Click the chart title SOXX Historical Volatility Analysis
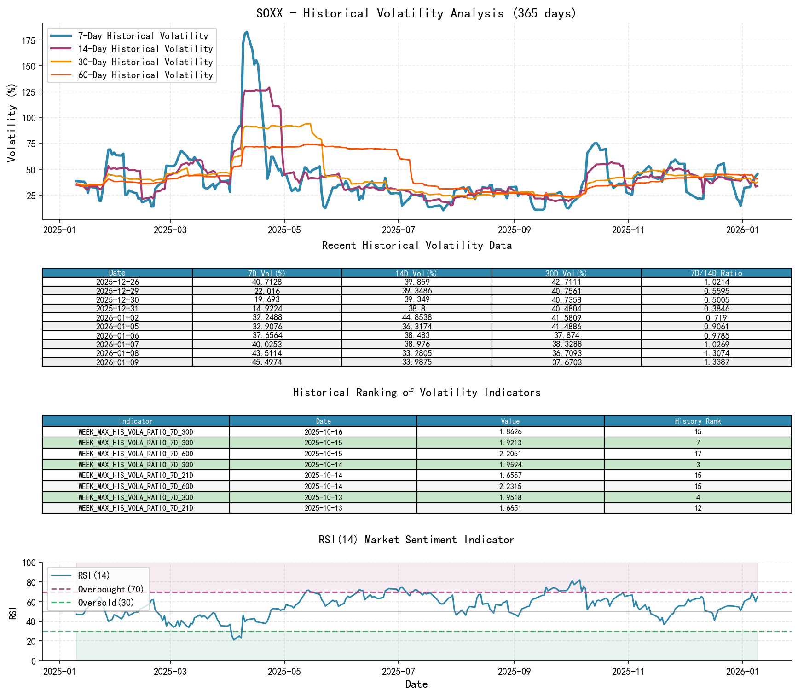pyautogui.click(x=416, y=13)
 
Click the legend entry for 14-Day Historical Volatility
pyautogui.click(x=145, y=49)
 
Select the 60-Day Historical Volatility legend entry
pyautogui.click(x=145, y=75)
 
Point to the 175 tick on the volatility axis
pyautogui.click(x=29, y=41)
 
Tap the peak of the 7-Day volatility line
pyautogui.click(x=247, y=32)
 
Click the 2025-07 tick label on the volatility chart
pyautogui.click(x=399, y=230)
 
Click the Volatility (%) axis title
pyautogui.click(x=12, y=122)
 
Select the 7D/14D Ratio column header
pyautogui.click(x=716, y=273)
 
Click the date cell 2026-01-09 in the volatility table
pyautogui.click(x=117, y=362)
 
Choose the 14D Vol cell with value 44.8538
pyautogui.click(x=416, y=317)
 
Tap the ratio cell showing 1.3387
pyautogui.click(x=716, y=362)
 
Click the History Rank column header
pyautogui.click(x=698, y=421)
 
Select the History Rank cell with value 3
pyautogui.click(x=698, y=465)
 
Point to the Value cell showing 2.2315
pyautogui.click(x=510, y=486)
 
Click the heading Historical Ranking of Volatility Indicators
pyautogui.click(x=416, y=392)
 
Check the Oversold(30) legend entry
pyautogui.click(x=106, y=603)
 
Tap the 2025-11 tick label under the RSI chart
pyautogui.click(x=628, y=672)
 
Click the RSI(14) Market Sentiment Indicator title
pyautogui.click(x=416, y=540)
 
